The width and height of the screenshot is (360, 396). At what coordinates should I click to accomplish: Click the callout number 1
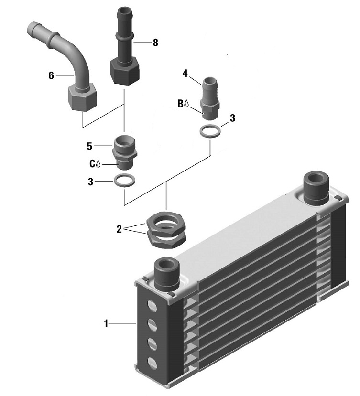pos(106,323)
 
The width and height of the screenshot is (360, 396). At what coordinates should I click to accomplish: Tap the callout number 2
pos(119,229)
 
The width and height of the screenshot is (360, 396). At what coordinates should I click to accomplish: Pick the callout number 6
pos(51,75)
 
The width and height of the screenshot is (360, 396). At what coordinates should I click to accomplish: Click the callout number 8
pos(155,42)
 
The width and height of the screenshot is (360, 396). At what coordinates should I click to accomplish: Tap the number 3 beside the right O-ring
pos(233,118)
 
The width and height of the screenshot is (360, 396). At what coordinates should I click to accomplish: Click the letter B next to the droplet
pos(181,103)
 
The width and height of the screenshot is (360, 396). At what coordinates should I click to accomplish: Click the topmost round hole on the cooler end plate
pos(153,306)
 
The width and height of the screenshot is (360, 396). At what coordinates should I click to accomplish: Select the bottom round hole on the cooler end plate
pos(153,362)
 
